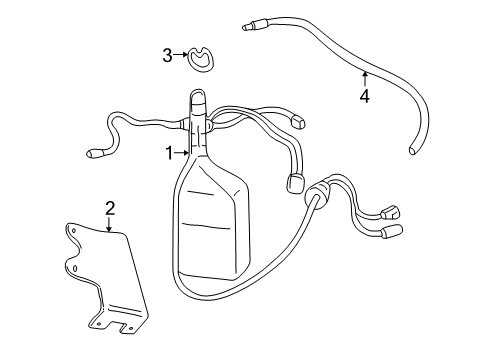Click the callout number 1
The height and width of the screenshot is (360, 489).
coord(171,153)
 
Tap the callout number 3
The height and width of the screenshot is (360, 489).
coord(168,56)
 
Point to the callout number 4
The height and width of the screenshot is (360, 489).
coord(365,96)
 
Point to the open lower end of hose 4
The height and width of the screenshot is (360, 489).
coord(413,147)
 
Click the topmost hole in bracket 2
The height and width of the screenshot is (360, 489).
coord(76,231)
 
